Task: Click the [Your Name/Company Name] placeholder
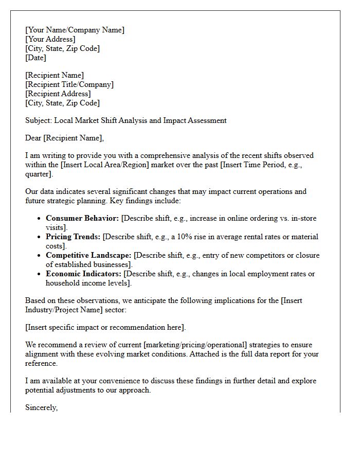(75, 30)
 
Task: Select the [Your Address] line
(50, 39)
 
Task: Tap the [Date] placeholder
(35, 58)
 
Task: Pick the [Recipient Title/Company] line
(69, 84)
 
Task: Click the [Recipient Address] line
(58, 94)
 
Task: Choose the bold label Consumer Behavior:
(82, 218)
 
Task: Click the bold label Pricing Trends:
(73, 237)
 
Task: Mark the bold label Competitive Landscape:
(88, 255)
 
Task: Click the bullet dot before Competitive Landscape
(39, 256)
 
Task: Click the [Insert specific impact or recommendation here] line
(105, 327)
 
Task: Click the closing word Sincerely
(41, 407)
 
